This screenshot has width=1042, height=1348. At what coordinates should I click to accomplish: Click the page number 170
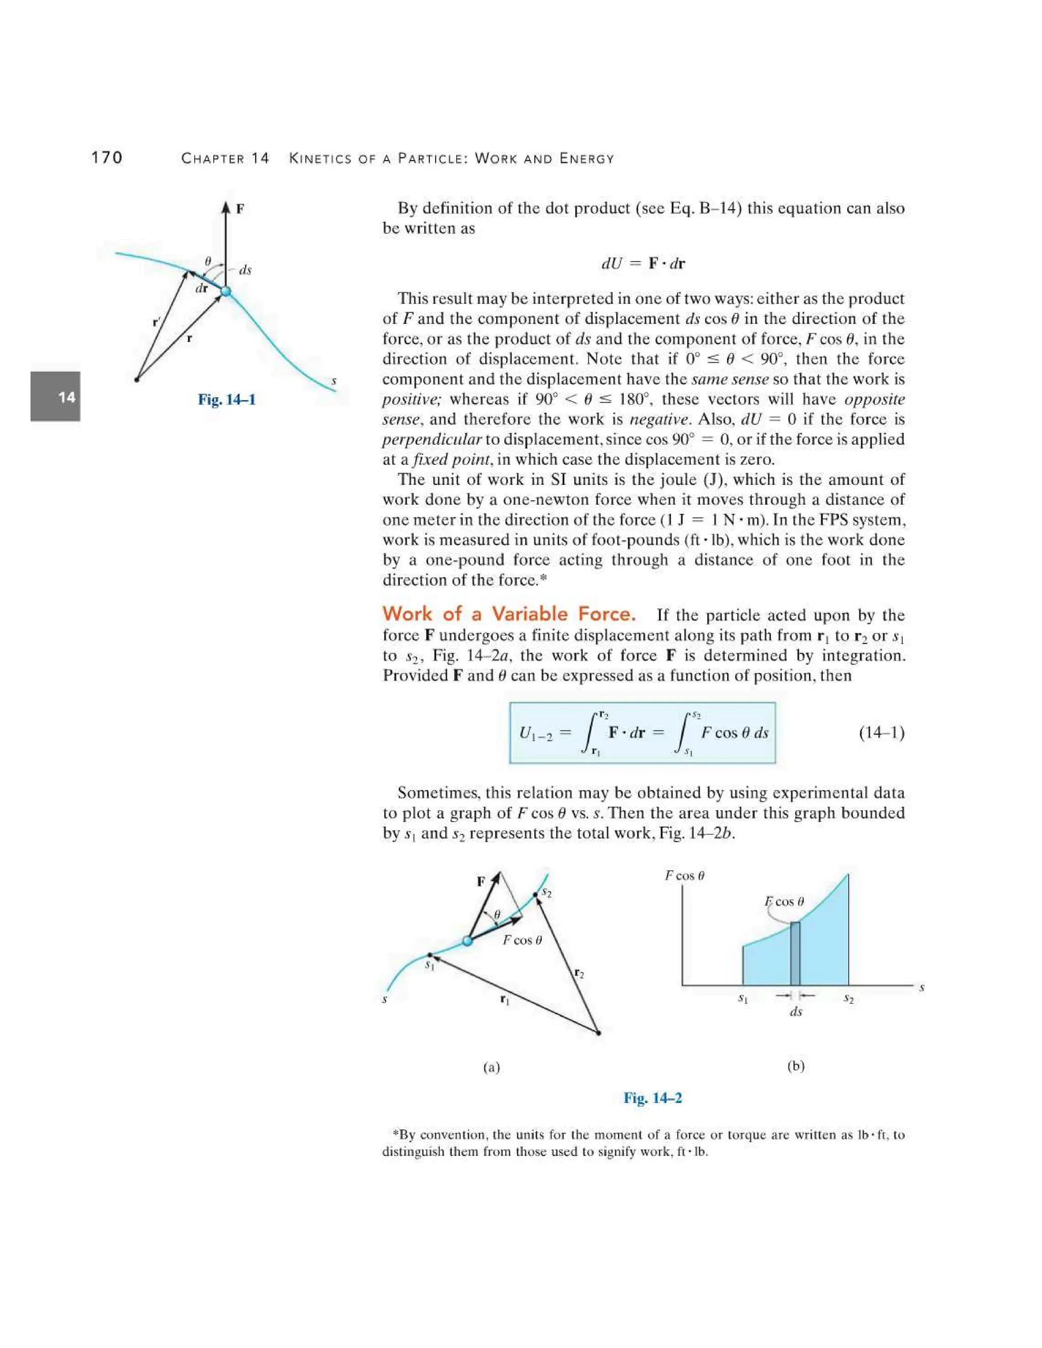[x=107, y=158]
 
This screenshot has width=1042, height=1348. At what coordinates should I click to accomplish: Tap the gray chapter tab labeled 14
[x=55, y=396]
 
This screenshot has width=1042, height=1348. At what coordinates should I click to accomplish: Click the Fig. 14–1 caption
[x=226, y=399]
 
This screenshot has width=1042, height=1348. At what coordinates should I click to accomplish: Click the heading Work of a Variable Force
[x=509, y=613]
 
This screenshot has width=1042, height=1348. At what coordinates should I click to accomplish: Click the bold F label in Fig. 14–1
[x=240, y=209]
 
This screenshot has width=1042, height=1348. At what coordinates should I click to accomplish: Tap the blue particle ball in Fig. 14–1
[x=226, y=290]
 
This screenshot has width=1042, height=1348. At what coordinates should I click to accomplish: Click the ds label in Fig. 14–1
[x=245, y=270]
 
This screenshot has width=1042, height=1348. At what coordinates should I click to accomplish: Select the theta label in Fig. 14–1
[x=208, y=261]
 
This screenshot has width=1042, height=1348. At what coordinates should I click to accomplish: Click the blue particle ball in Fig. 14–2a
[x=467, y=941]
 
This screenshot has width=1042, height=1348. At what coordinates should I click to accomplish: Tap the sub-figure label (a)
[x=491, y=1067]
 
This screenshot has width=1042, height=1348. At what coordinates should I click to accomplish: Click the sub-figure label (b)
[x=796, y=1066]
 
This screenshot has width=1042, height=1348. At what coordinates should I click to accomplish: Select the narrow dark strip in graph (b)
[x=795, y=954]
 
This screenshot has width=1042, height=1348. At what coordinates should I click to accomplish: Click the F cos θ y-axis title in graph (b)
[x=685, y=875]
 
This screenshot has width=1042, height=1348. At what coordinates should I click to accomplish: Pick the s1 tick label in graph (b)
[x=743, y=998]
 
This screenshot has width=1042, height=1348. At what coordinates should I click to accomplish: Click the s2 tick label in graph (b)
[x=848, y=998]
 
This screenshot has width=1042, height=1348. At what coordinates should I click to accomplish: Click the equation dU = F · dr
[x=643, y=263]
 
